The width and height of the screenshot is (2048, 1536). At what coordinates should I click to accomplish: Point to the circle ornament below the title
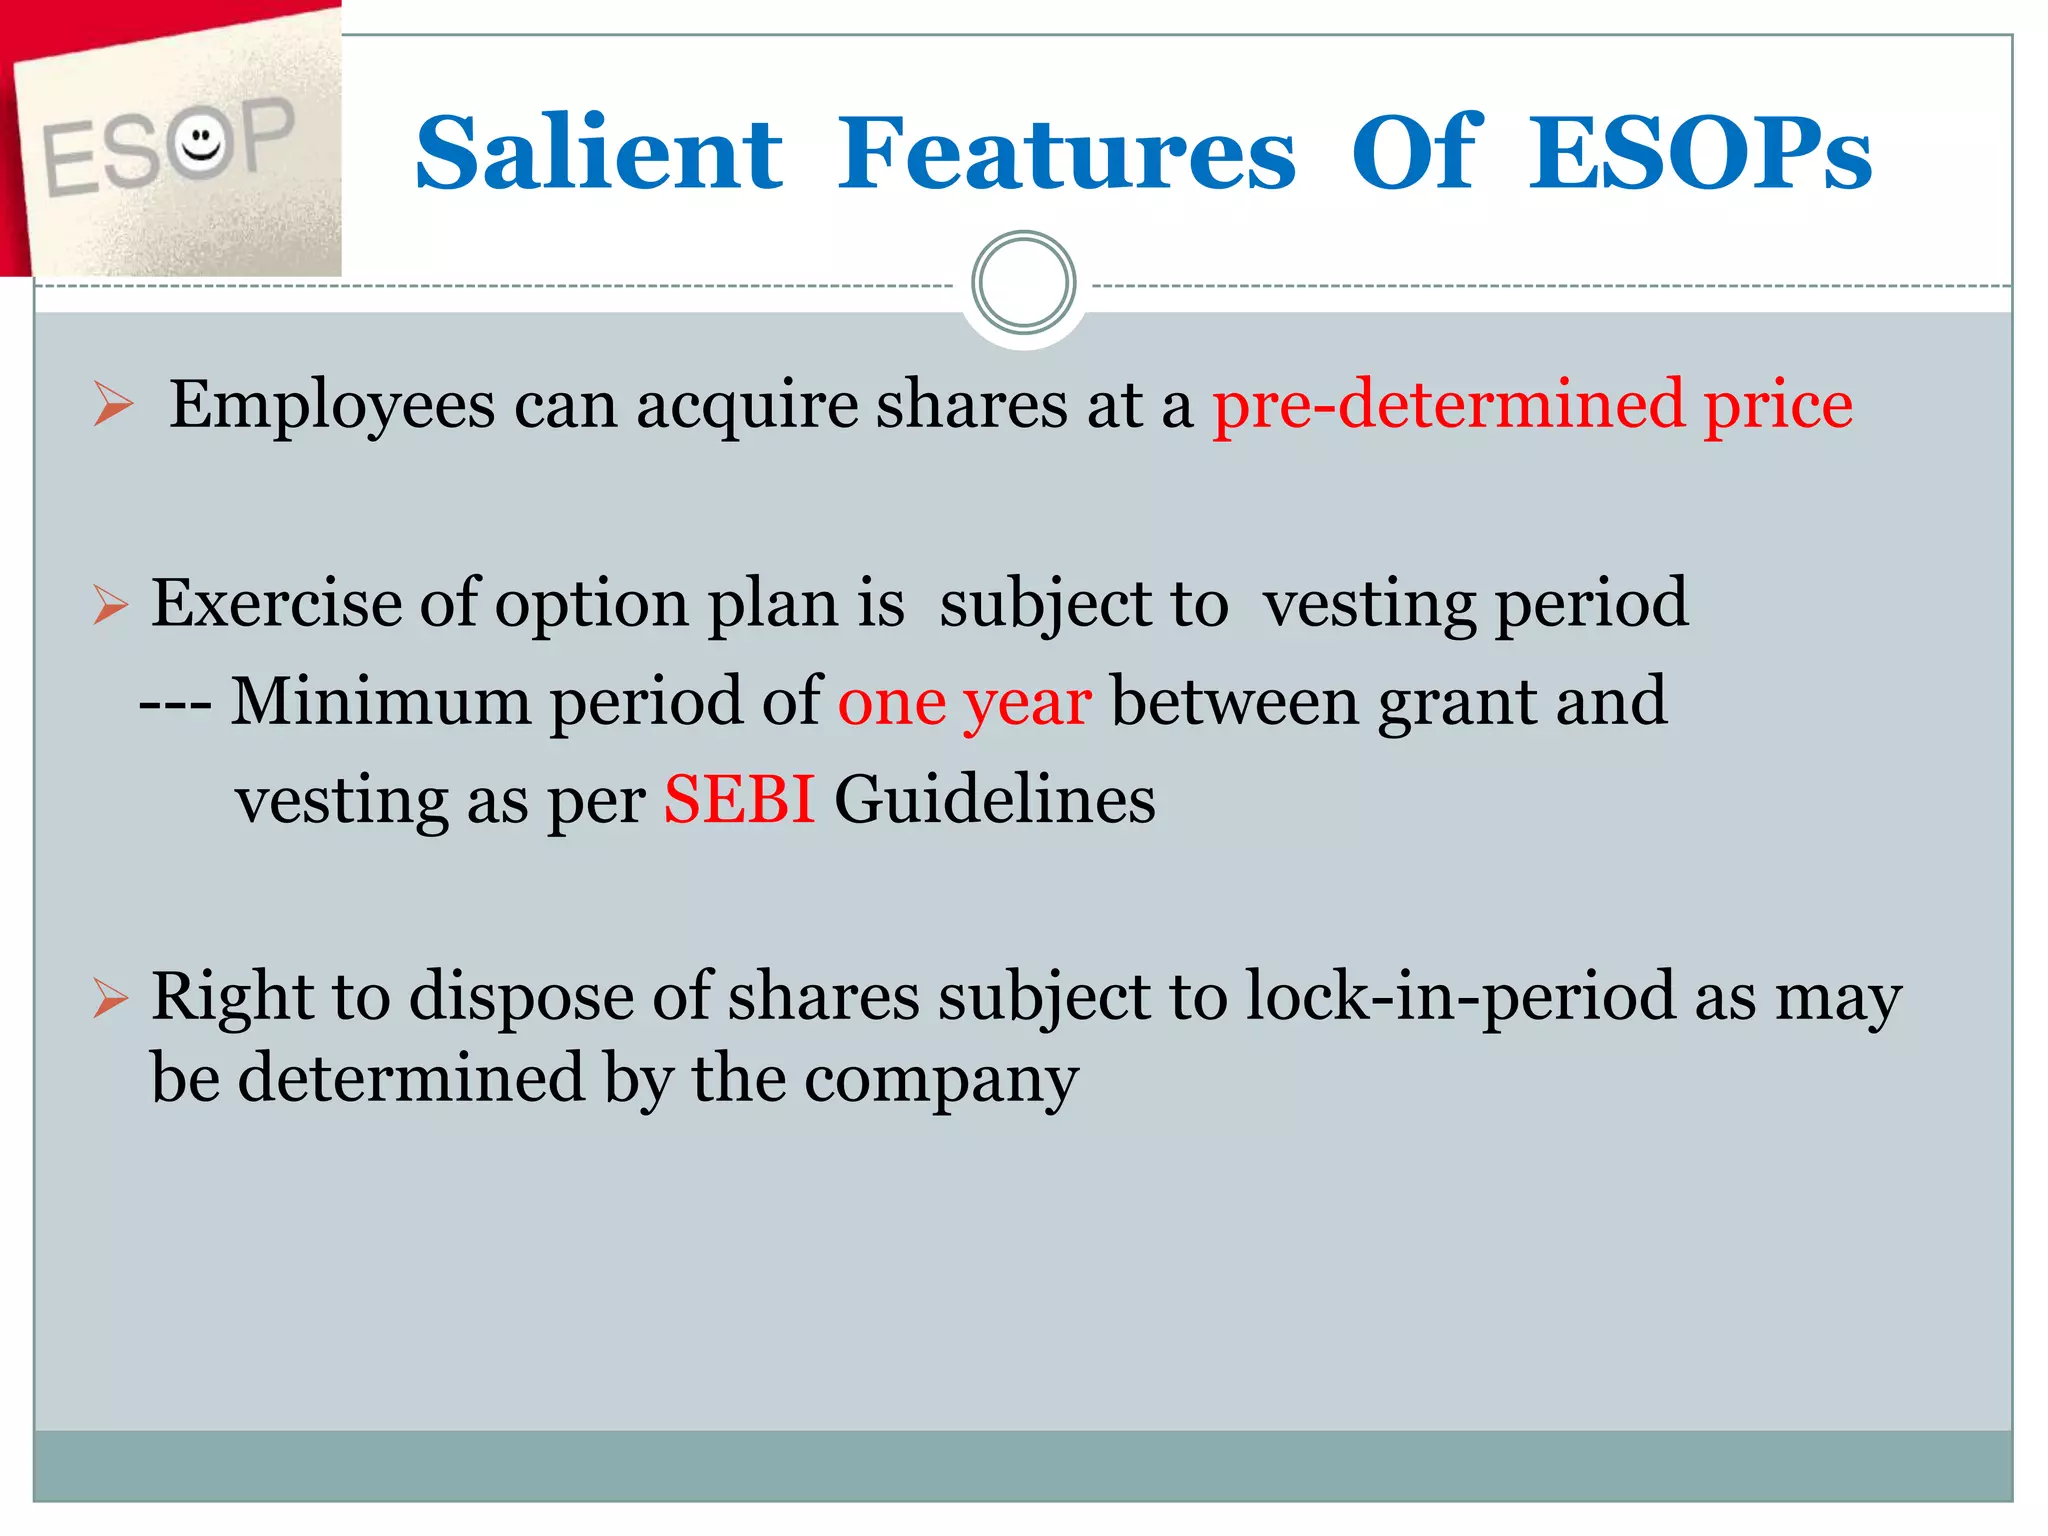(x=1023, y=283)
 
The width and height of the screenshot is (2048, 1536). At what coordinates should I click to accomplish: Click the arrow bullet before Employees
(x=113, y=405)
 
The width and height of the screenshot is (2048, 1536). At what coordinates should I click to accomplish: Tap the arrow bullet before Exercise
(x=110, y=605)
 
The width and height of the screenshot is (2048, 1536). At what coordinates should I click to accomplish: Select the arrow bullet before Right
(x=110, y=998)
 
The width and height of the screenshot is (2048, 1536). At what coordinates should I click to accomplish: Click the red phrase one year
(x=964, y=702)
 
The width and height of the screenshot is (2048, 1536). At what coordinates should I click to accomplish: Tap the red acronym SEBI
(x=739, y=800)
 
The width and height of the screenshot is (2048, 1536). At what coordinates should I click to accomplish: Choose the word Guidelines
(x=995, y=800)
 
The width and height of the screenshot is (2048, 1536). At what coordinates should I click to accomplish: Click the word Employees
(x=332, y=407)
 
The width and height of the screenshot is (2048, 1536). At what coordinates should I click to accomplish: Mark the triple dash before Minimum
(x=175, y=703)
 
